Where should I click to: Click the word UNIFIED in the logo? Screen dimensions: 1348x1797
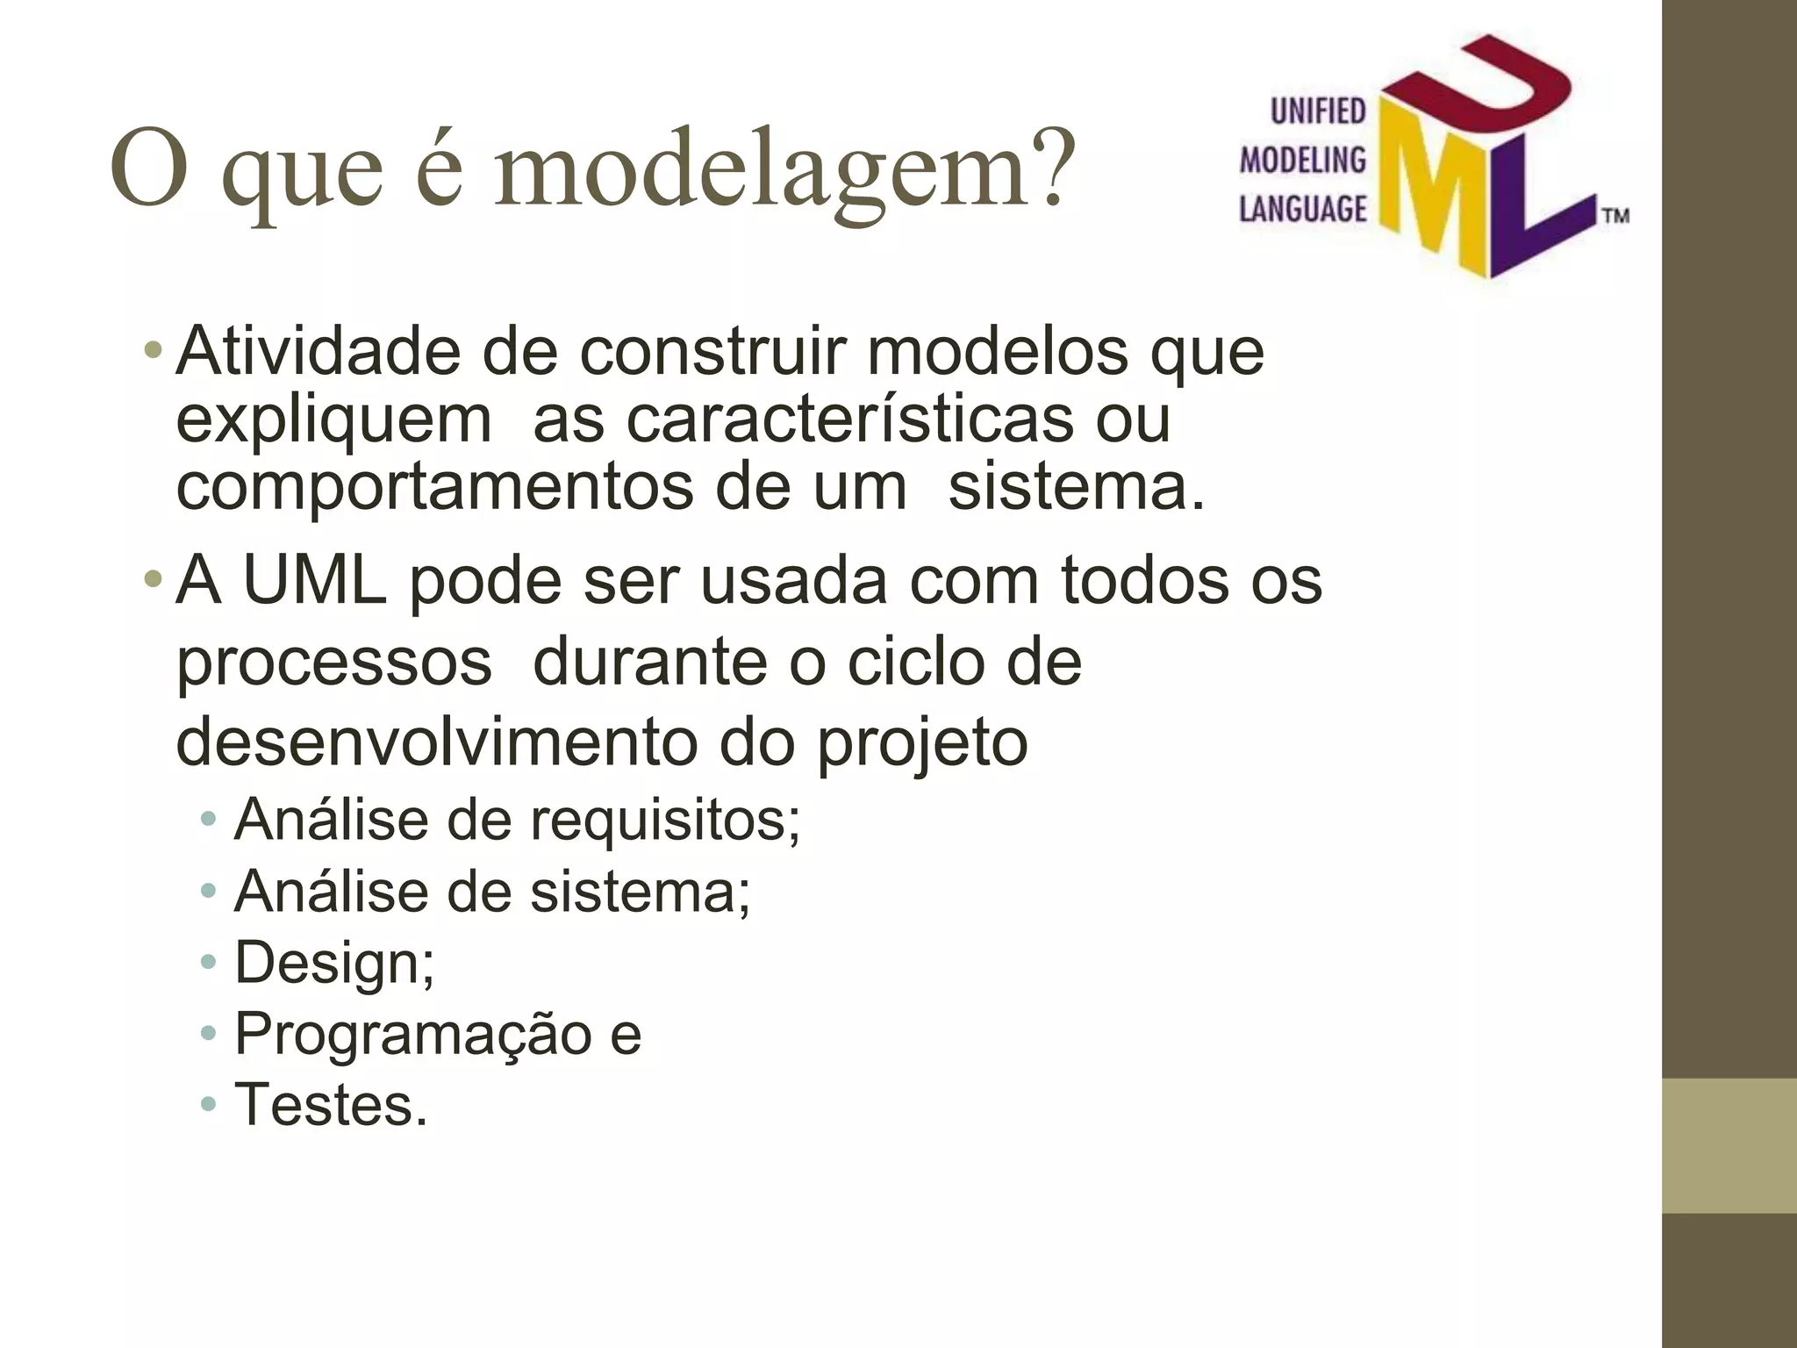[x=1318, y=111]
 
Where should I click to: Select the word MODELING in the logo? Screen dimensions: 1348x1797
[x=1302, y=160]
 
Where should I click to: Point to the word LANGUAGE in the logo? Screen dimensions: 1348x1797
[x=1302, y=209]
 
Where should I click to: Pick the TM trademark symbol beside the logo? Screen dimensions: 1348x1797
[x=1616, y=216]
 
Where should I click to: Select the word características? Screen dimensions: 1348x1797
[x=849, y=419]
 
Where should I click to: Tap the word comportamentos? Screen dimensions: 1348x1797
[x=434, y=488]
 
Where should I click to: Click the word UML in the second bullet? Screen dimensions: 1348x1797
[x=314, y=581]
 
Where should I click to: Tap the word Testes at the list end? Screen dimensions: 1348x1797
[x=330, y=1104]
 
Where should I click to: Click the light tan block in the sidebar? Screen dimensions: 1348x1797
[x=1729, y=1145]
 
